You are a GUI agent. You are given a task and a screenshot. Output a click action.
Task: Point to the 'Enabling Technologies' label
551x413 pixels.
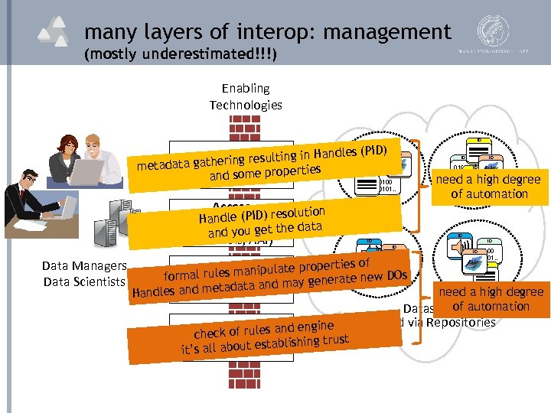click(x=246, y=96)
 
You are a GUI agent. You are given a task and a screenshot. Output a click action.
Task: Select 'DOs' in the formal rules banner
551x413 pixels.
click(x=396, y=275)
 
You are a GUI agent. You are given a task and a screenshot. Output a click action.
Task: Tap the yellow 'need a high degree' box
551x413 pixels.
click(x=489, y=186)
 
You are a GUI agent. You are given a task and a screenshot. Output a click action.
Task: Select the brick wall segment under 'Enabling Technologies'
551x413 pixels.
click(x=246, y=127)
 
